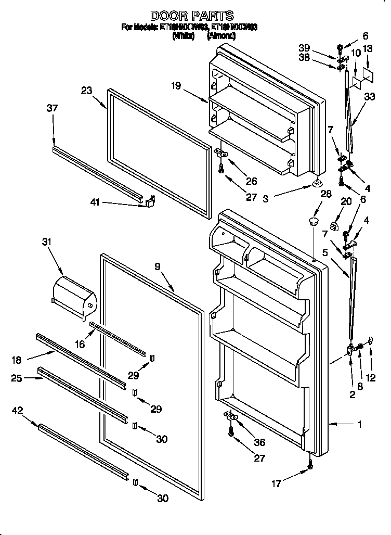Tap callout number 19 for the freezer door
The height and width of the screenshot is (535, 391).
click(177, 86)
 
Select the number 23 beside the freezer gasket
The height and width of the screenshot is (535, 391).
click(86, 91)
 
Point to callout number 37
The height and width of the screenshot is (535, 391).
click(52, 108)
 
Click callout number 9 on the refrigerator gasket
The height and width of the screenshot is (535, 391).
click(158, 266)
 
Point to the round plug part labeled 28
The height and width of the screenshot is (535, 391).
click(313, 222)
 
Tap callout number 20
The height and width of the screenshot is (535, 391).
click(331, 202)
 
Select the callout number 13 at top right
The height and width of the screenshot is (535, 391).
click(367, 49)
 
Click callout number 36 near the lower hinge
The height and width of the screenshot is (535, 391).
click(258, 442)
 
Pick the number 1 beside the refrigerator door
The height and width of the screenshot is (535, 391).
click(358, 424)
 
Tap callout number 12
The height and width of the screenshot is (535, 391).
click(371, 378)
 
